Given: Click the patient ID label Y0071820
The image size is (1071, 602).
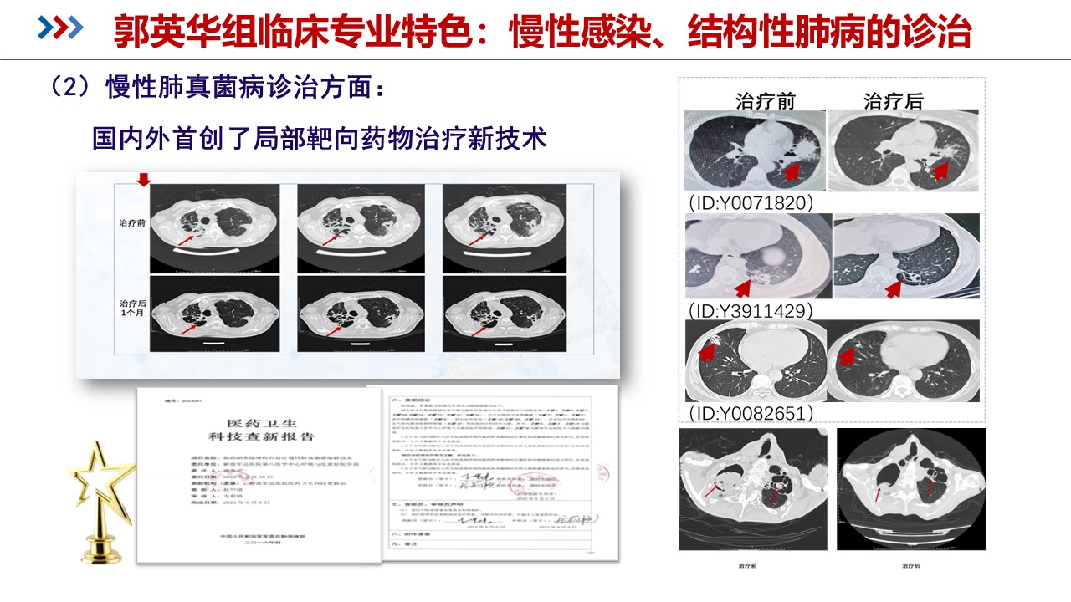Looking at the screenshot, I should tap(751, 203).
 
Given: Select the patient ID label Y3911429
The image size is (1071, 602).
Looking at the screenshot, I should tap(750, 311).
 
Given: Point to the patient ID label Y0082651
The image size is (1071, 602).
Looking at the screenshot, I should tap(751, 413).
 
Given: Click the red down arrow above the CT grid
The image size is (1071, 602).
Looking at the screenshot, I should tap(143, 181).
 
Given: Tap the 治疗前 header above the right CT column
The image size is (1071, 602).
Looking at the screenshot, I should tap(765, 101).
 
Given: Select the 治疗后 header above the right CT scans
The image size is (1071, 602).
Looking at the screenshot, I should tap(893, 101).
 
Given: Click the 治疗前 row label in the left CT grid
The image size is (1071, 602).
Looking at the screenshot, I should tap(133, 223).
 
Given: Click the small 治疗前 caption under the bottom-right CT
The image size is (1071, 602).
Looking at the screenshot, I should tap(747, 566).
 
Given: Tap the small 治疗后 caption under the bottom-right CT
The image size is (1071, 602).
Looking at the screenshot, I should tap(910, 566).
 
